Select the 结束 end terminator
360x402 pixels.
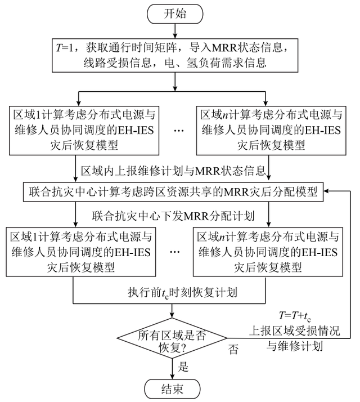click(173, 388)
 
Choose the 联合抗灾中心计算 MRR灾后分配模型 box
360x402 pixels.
click(173, 192)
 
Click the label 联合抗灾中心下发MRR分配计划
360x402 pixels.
click(174, 215)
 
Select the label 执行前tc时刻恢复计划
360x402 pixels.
click(173, 293)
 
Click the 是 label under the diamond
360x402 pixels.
click(183, 367)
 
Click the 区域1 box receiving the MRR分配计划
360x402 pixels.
click(80, 250)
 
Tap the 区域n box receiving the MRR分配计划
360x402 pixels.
click(268, 250)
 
